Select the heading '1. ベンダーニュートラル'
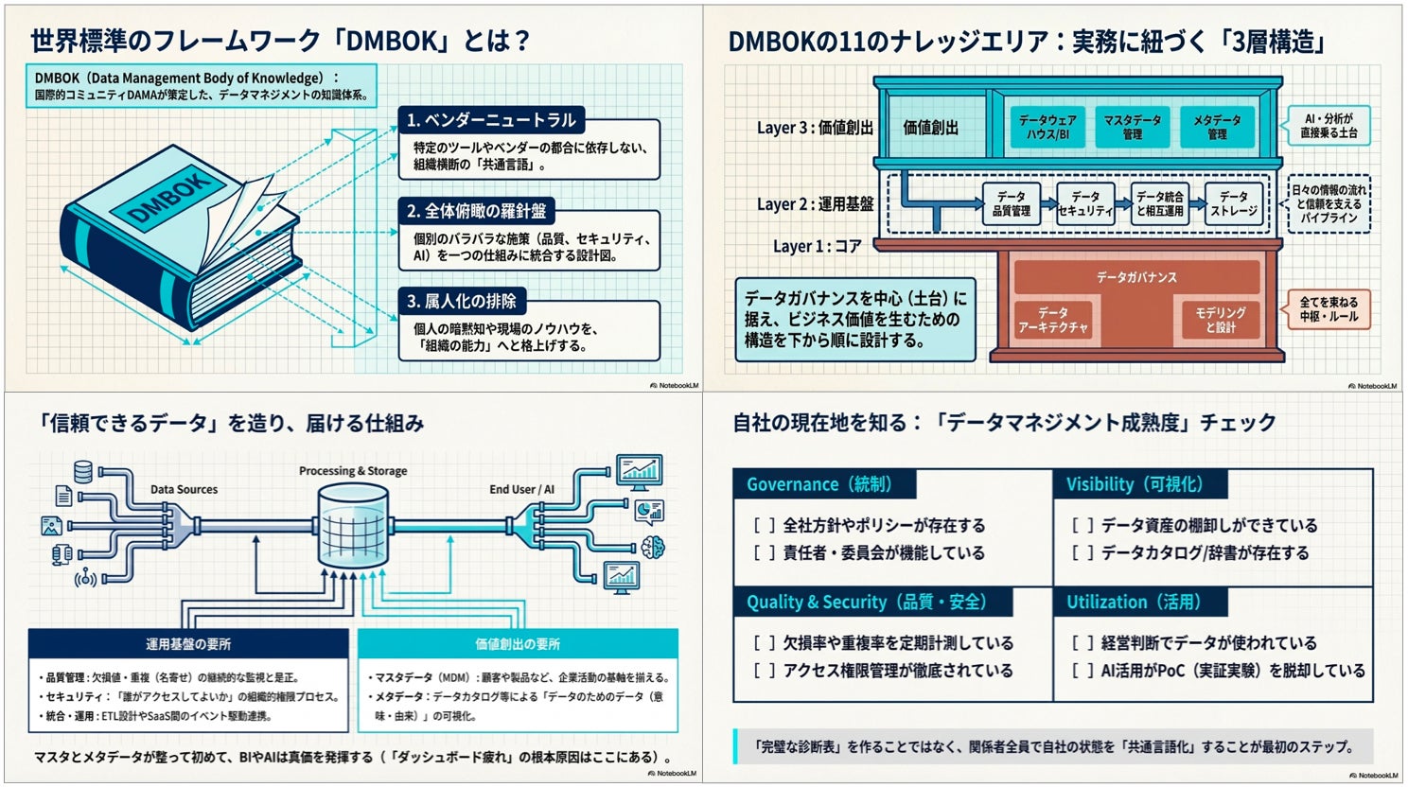click(x=491, y=120)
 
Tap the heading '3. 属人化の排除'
click(x=462, y=302)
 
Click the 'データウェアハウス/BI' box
click(x=1047, y=127)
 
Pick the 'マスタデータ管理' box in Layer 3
click(x=1132, y=127)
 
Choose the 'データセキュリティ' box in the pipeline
click(x=1085, y=203)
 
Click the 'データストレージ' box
click(x=1234, y=203)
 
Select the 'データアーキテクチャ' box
click(x=1052, y=320)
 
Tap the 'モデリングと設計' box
click(x=1221, y=320)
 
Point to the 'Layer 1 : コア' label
click(x=817, y=246)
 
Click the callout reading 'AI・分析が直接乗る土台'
click(x=1329, y=126)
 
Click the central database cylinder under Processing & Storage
click(x=353, y=526)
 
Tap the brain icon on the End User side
click(x=653, y=546)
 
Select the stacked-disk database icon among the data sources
click(x=83, y=470)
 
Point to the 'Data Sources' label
click(x=184, y=489)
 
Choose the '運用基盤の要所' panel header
click(x=188, y=644)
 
